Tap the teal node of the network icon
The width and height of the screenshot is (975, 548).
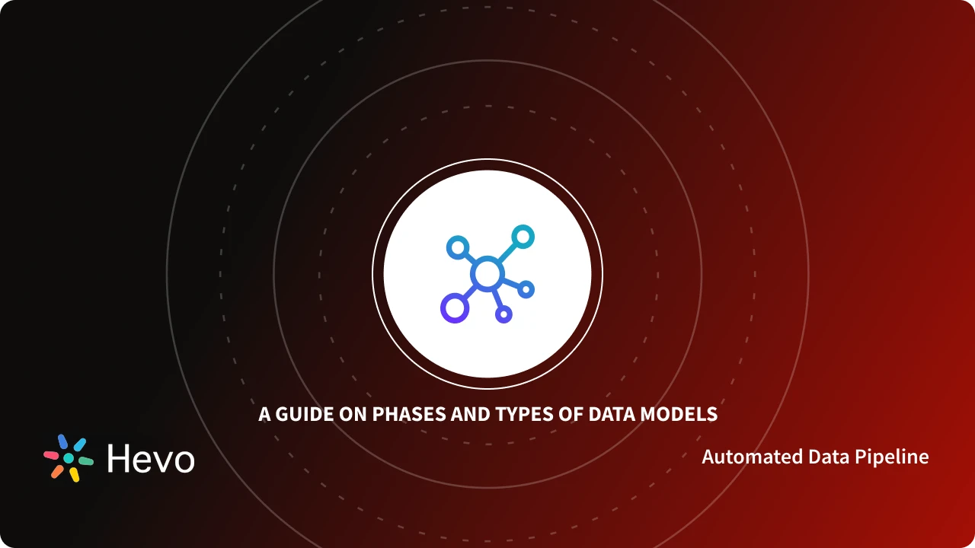(x=523, y=237)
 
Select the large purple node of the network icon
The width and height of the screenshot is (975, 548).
(x=453, y=308)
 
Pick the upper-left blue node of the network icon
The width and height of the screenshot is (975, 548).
(x=456, y=246)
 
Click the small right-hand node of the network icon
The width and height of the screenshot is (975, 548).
(x=526, y=289)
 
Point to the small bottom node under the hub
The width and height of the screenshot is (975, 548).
(x=503, y=314)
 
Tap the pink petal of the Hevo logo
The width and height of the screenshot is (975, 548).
(x=51, y=454)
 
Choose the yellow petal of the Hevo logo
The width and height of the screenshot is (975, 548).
(x=75, y=474)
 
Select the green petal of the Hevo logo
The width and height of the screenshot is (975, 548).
(x=85, y=460)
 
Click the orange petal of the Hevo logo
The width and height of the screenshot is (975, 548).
(x=57, y=471)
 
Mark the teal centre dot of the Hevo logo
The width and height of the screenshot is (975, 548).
(x=69, y=458)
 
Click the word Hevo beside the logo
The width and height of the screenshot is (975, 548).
(x=151, y=459)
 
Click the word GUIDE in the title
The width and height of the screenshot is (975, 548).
(x=300, y=415)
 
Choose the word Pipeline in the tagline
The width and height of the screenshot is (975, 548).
(x=891, y=457)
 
